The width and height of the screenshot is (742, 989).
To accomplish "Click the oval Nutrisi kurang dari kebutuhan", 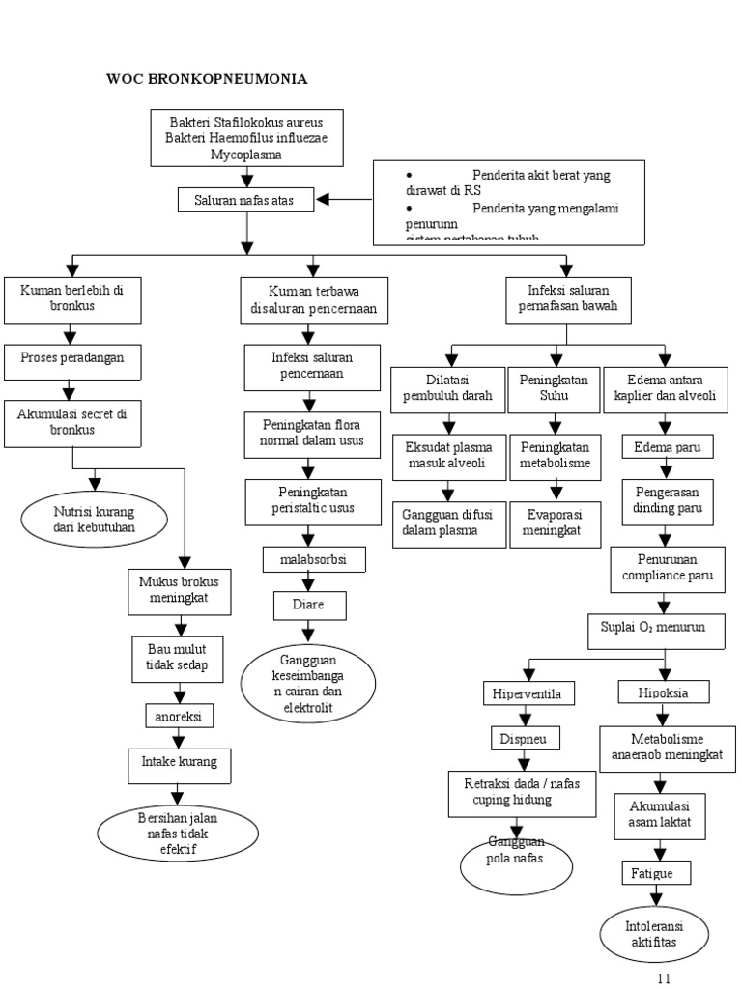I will click(x=94, y=519).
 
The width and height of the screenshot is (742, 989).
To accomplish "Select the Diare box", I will click(x=308, y=606).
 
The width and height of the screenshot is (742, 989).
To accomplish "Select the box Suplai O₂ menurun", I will click(x=660, y=627).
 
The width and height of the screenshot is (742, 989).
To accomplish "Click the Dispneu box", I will click(x=522, y=739).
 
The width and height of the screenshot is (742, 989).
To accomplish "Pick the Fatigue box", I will click(x=658, y=873).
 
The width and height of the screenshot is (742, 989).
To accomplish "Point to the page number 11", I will click(x=663, y=977).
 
